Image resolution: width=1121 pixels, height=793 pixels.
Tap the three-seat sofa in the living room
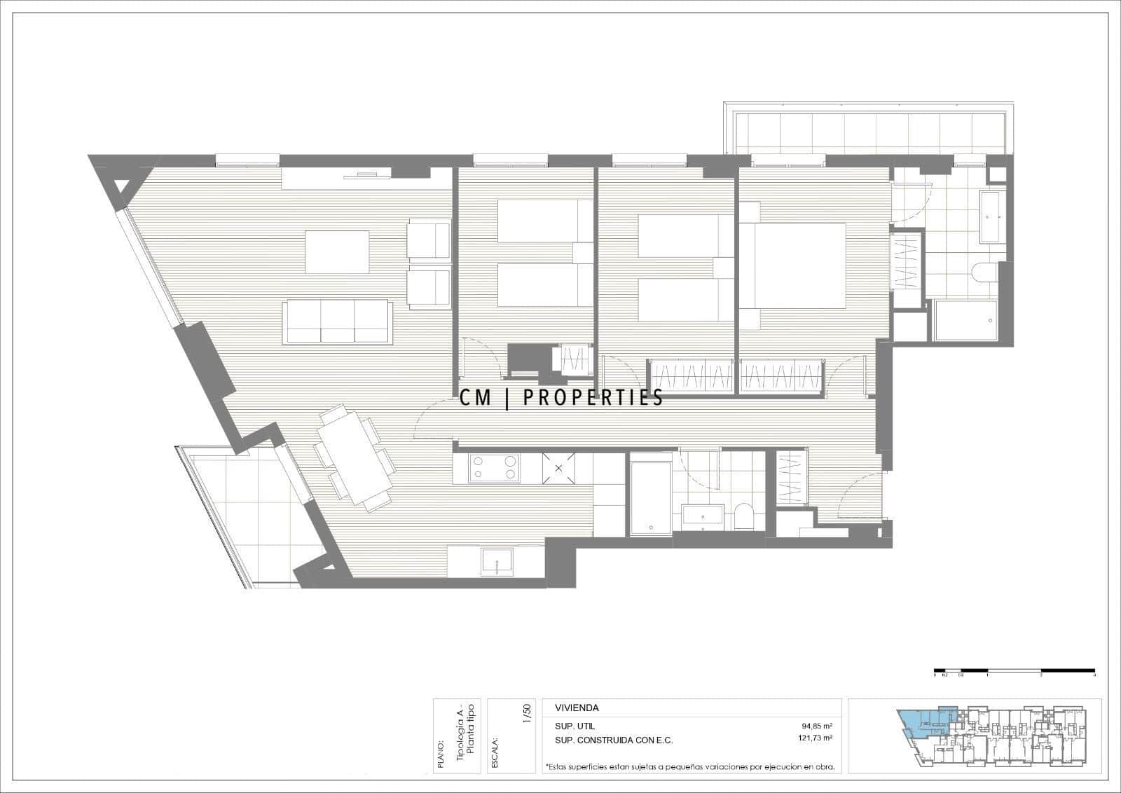(x=336, y=322)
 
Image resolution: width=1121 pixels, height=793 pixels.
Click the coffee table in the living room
(x=337, y=252)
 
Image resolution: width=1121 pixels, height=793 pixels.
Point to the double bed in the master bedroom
(x=799, y=266)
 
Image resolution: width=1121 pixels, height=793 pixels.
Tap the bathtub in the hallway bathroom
(x=650, y=494)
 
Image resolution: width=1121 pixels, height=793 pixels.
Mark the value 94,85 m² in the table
(x=817, y=726)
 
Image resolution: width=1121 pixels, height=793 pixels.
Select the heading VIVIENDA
(x=577, y=708)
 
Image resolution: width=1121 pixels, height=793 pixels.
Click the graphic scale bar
(x=1015, y=670)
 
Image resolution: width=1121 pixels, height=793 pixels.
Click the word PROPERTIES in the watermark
(x=593, y=399)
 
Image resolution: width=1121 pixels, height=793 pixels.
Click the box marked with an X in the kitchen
(x=559, y=468)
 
